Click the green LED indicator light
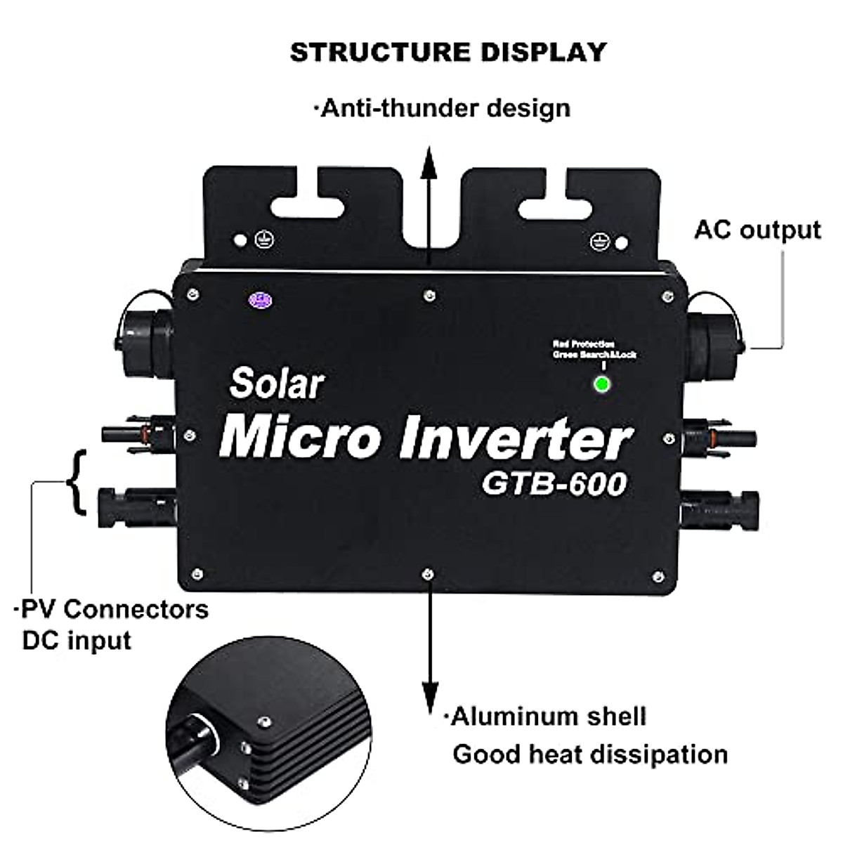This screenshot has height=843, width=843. pyautogui.click(x=601, y=384)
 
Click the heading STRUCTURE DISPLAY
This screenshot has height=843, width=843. pyautogui.click(x=447, y=53)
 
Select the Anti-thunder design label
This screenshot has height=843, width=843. pyautogui.click(x=442, y=109)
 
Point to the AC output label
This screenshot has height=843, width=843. pyautogui.click(x=757, y=230)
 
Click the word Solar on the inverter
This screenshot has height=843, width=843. pyautogui.click(x=277, y=384)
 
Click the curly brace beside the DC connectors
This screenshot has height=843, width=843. pyautogui.click(x=77, y=481)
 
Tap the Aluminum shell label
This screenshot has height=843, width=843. pyautogui.click(x=547, y=717)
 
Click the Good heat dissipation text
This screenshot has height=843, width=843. pyautogui.click(x=589, y=754)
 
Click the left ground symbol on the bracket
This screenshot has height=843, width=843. pyautogui.click(x=264, y=240)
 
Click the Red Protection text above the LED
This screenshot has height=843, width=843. pyautogui.click(x=583, y=344)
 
